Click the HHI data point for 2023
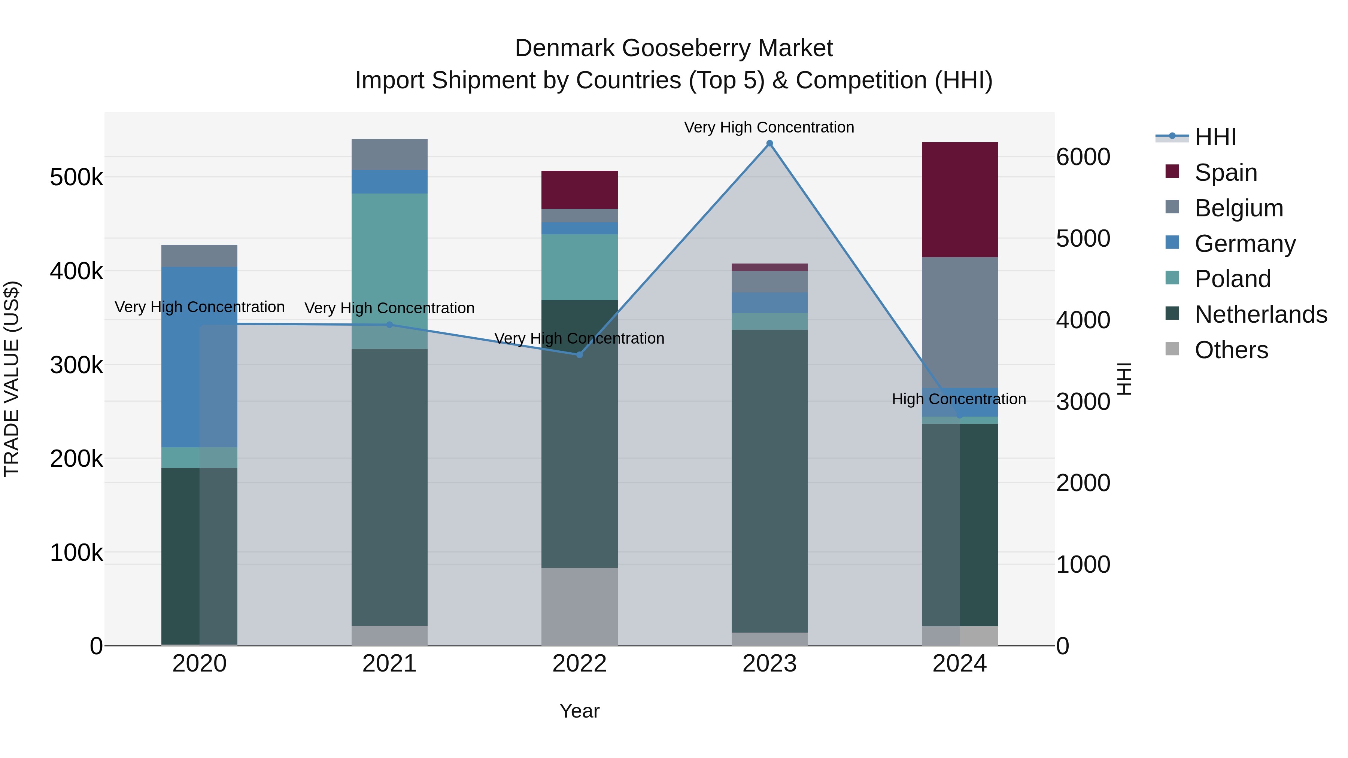click(x=769, y=143)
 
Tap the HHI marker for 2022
click(x=579, y=355)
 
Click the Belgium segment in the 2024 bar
click(x=959, y=322)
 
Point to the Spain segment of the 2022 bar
click(x=579, y=189)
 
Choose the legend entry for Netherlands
click(x=1260, y=314)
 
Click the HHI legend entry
click(x=1215, y=137)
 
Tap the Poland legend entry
click(x=1232, y=279)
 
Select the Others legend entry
click(x=1231, y=350)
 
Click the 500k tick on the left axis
click(x=76, y=177)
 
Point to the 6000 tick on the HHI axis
click(x=1083, y=157)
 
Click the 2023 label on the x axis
click(x=769, y=664)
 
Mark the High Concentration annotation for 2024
click(x=959, y=399)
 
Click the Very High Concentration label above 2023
click(x=769, y=127)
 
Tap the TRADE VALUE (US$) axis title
click(x=12, y=379)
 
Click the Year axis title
click(x=579, y=711)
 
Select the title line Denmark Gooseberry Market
click(x=674, y=48)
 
